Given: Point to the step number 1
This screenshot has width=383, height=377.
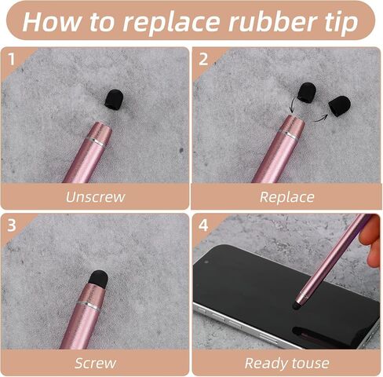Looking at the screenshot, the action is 11,59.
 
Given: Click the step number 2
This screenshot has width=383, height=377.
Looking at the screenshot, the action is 203,59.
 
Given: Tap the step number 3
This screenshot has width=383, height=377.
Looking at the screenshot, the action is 12,225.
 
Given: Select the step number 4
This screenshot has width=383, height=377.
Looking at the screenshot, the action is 203,225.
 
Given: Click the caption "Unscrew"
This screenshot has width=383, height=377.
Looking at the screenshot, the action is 95,197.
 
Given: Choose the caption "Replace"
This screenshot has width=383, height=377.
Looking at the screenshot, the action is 287,197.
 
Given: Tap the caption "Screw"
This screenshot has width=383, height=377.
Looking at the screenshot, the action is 95,363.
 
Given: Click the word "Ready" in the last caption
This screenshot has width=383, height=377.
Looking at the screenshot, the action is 265,364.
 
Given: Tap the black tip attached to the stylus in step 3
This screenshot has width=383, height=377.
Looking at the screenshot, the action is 99,278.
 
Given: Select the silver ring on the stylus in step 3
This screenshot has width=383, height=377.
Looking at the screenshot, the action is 88,306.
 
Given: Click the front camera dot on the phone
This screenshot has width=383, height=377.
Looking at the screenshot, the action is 206,262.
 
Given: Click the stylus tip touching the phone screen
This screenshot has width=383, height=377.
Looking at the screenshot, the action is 296,306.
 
